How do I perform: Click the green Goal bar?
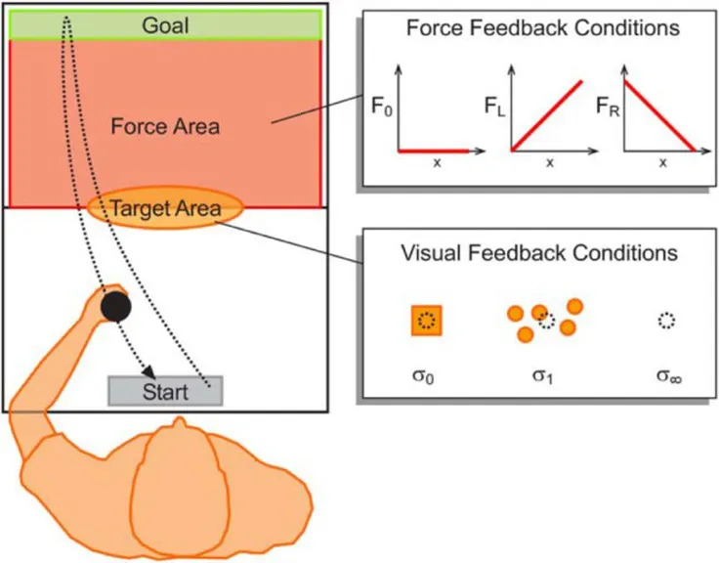165,24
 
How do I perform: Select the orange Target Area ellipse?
164,208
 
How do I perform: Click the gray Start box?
165,391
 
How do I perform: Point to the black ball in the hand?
116,308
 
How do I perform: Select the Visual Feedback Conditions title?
539,253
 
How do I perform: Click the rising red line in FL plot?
548,116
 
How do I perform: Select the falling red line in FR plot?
660,116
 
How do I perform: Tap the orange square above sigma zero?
427,320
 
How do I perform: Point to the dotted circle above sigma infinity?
666,320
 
